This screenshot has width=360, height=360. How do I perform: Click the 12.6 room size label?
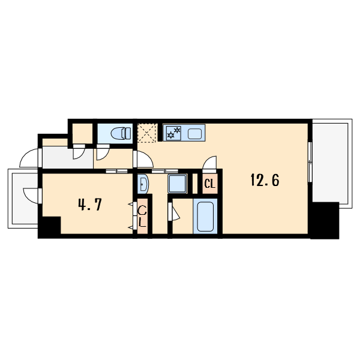click(265, 180)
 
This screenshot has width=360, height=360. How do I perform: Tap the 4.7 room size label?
click(90, 205)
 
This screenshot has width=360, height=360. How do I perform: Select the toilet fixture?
click(121, 133)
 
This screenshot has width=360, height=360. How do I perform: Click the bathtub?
click(205, 216)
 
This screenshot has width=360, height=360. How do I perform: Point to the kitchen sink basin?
click(194, 133)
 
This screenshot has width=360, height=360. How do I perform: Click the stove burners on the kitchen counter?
click(173, 133)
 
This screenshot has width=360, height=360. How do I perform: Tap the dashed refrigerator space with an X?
click(147, 133)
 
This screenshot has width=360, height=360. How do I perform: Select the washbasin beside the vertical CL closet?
click(143, 184)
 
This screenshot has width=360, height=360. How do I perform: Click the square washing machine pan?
click(177, 184)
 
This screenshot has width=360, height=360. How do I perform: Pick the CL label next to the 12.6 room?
click(210, 184)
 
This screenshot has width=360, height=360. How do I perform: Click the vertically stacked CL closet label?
click(142, 217)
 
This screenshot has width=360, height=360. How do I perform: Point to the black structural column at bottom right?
click(325, 220)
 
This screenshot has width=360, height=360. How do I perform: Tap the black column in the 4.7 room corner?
click(50, 227)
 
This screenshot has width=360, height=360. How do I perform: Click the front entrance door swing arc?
click(29, 158)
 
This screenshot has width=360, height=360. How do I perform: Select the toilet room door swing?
click(103, 152)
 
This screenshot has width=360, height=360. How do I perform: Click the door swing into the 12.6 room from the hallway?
click(145, 159)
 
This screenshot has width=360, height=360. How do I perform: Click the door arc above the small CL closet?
click(209, 164)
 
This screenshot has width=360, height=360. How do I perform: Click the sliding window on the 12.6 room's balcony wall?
click(310, 162)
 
